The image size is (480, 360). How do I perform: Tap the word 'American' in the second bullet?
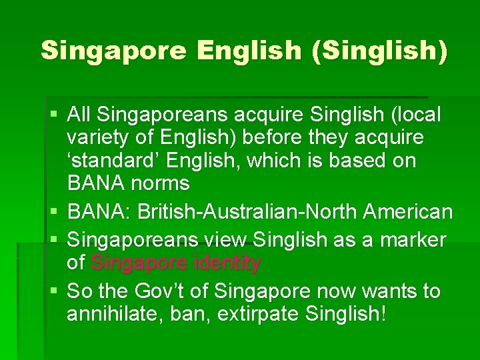408,213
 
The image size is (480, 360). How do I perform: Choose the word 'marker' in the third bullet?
412,238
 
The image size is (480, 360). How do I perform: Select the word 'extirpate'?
257,314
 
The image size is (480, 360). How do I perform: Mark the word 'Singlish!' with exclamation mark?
349,314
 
